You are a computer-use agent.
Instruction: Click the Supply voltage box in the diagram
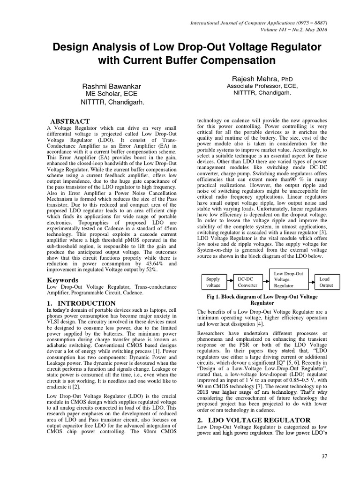214,282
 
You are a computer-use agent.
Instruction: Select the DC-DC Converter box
247,282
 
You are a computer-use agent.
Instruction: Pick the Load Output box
326,282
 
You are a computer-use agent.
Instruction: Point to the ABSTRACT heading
69,121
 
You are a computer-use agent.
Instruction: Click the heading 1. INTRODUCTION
82,303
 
